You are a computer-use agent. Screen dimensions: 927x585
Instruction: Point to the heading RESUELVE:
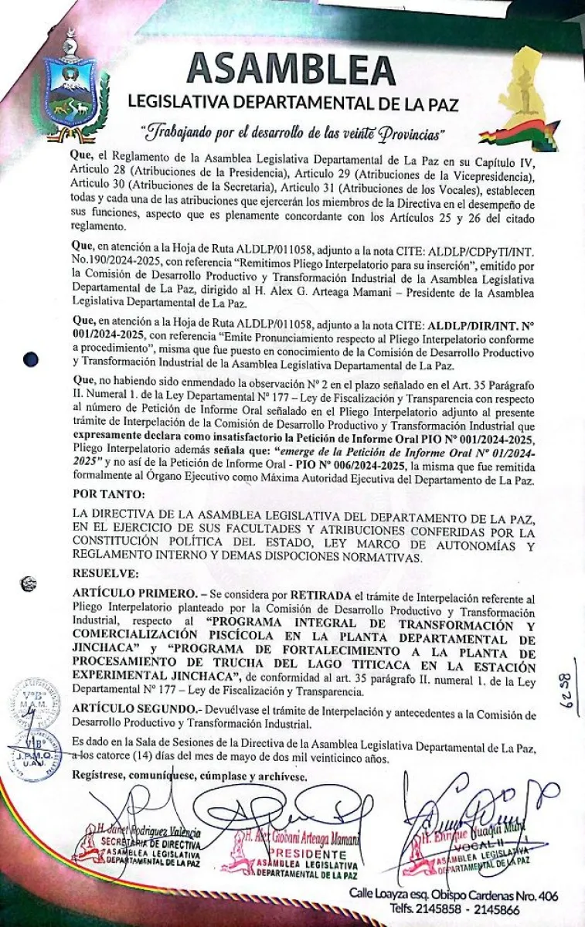click(x=105, y=573)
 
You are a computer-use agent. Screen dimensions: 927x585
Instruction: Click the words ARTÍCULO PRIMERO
click(x=130, y=598)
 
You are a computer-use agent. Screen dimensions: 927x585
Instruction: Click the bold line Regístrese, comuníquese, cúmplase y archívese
click(x=189, y=775)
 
